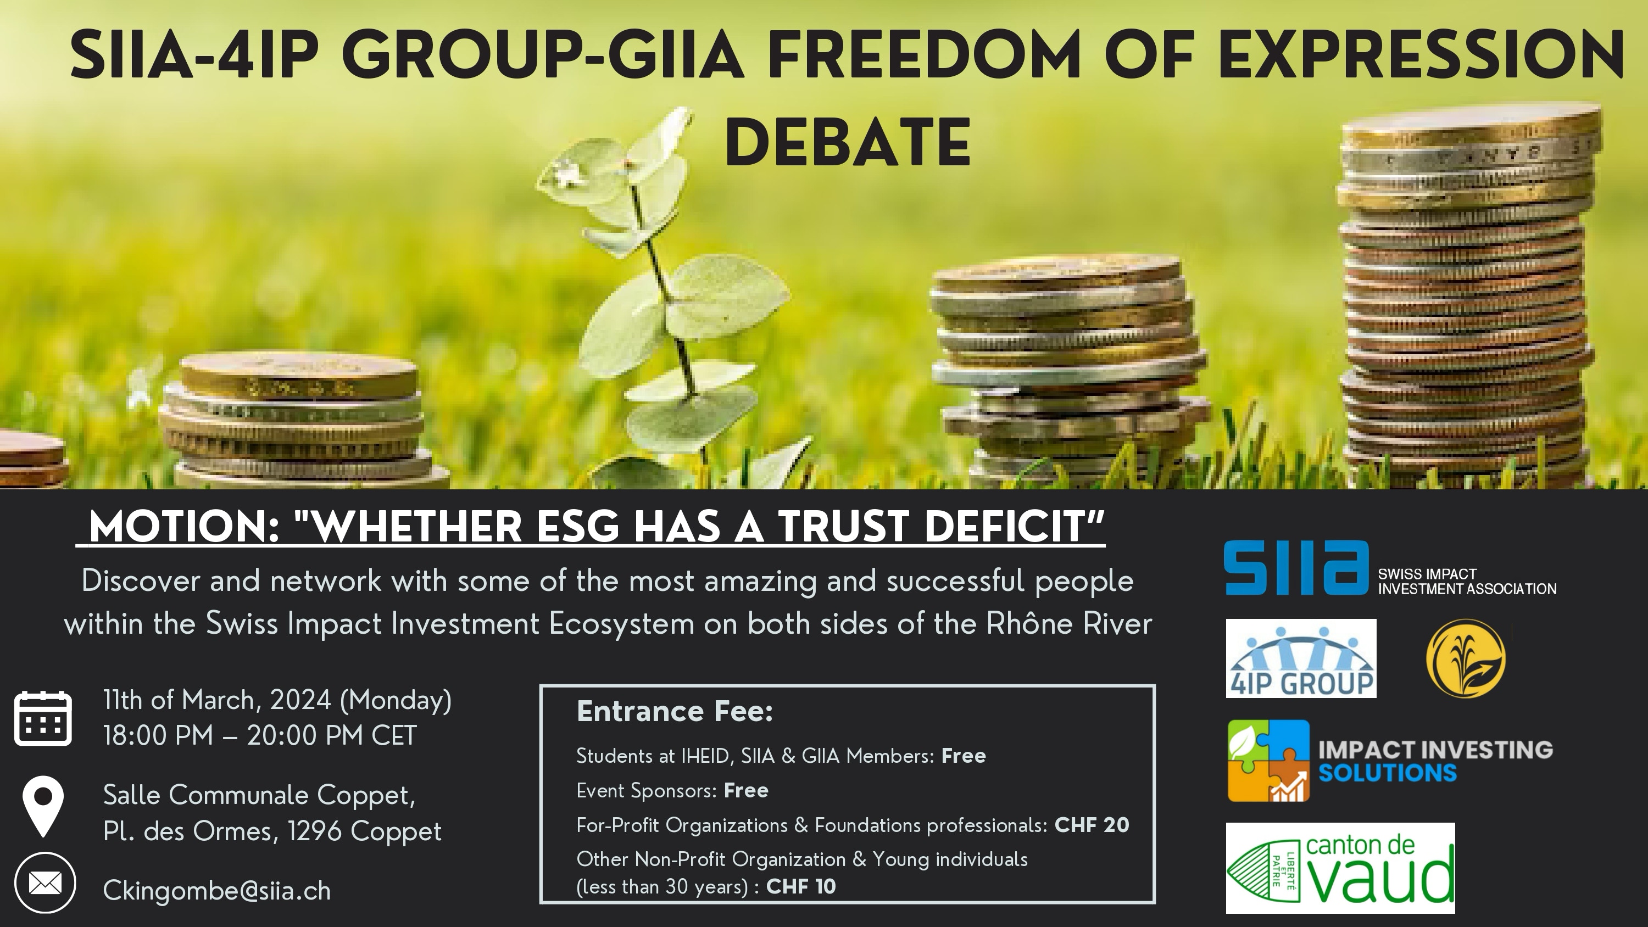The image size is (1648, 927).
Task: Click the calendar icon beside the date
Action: point(43,718)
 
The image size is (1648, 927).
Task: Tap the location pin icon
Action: point(43,806)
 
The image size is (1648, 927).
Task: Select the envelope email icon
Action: point(46,884)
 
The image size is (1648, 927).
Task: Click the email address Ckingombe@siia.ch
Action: point(217,891)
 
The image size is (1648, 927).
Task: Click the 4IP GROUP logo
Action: point(1301,658)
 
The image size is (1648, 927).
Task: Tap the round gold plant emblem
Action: point(1466,658)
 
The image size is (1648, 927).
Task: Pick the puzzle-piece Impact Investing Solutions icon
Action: point(1268,761)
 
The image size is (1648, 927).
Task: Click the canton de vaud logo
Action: point(1340,868)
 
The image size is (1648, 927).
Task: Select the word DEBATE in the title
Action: point(848,143)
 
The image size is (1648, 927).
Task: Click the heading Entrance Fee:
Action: point(675,711)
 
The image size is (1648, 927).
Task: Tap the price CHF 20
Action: point(1092,825)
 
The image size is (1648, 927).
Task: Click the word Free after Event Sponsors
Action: point(746,790)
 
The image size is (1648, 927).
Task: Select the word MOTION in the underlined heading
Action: point(183,527)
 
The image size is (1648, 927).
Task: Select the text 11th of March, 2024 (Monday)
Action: point(277,700)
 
